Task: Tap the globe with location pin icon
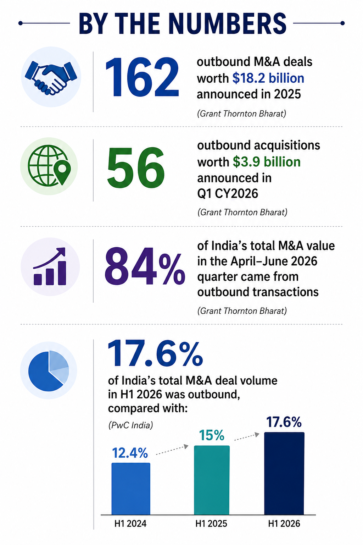(49, 165)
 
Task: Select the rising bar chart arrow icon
(50, 266)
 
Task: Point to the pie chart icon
(49, 371)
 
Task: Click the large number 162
(142, 77)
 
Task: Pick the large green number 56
(136, 168)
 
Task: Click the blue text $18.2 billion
(268, 78)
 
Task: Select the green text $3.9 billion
(267, 162)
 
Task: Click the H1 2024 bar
(131, 489)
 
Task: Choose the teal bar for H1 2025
(212, 480)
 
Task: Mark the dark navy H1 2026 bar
(284, 473)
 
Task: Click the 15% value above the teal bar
(212, 435)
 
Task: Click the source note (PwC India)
(130, 425)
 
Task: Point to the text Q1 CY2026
(228, 194)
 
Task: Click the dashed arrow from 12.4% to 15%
(172, 450)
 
